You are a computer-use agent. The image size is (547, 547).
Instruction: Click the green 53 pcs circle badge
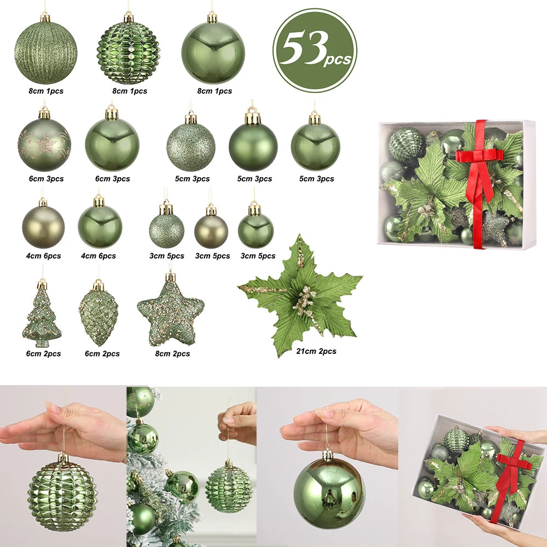point(315,50)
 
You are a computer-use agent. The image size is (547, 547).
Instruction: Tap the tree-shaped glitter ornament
point(42,317)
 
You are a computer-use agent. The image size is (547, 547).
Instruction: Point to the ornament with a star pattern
point(44,144)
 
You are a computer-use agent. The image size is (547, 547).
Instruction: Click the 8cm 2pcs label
point(173,354)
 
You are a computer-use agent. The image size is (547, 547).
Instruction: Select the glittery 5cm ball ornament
point(191,147)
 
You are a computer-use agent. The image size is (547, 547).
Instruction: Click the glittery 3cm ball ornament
point(166,230)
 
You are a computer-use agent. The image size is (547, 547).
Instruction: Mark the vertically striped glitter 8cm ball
point(45,53)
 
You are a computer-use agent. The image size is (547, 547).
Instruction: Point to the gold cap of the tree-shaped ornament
point(42,284)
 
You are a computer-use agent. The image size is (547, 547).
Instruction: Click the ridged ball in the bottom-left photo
point(63,496)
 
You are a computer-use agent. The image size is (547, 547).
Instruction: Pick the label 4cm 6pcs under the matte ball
point(44,256)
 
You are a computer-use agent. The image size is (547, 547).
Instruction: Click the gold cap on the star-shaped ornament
point(170,277)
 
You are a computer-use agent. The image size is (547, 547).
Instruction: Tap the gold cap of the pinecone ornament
point(98,285)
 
